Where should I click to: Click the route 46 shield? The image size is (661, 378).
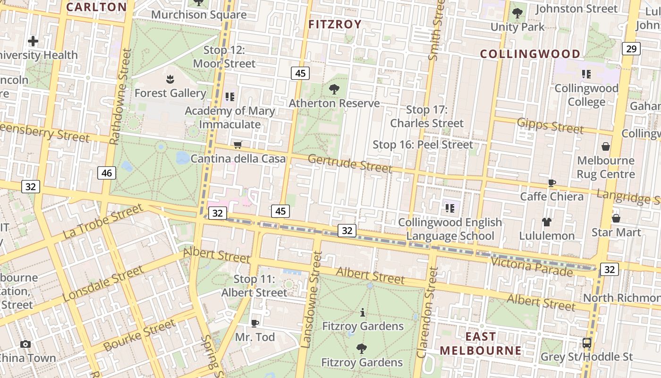click(107, 173)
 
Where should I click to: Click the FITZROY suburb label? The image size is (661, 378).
click(335, 25)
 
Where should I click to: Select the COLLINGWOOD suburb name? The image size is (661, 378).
click(530, 54)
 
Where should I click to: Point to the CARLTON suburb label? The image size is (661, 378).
click(96, 7)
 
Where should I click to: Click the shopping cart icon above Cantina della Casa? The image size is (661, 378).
click(238, 145)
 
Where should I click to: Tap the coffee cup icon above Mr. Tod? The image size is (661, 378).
click(255, 323)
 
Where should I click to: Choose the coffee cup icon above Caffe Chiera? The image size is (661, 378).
click(551, 183)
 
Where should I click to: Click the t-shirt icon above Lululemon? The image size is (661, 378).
click(547, 222)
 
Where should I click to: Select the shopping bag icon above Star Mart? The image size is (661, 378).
click(616, 218)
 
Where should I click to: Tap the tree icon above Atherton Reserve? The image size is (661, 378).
click(334, 89)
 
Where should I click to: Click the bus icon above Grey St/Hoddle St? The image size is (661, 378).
click(587, 343)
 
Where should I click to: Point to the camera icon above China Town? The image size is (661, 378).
click(25, 344)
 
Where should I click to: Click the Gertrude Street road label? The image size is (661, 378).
click(350, 163)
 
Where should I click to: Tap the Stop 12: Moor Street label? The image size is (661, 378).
click(224, 57)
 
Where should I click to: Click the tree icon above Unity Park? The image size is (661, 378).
click(517, 13)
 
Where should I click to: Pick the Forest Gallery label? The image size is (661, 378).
click(170, 93)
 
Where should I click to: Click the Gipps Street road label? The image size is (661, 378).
click(550, 126)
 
